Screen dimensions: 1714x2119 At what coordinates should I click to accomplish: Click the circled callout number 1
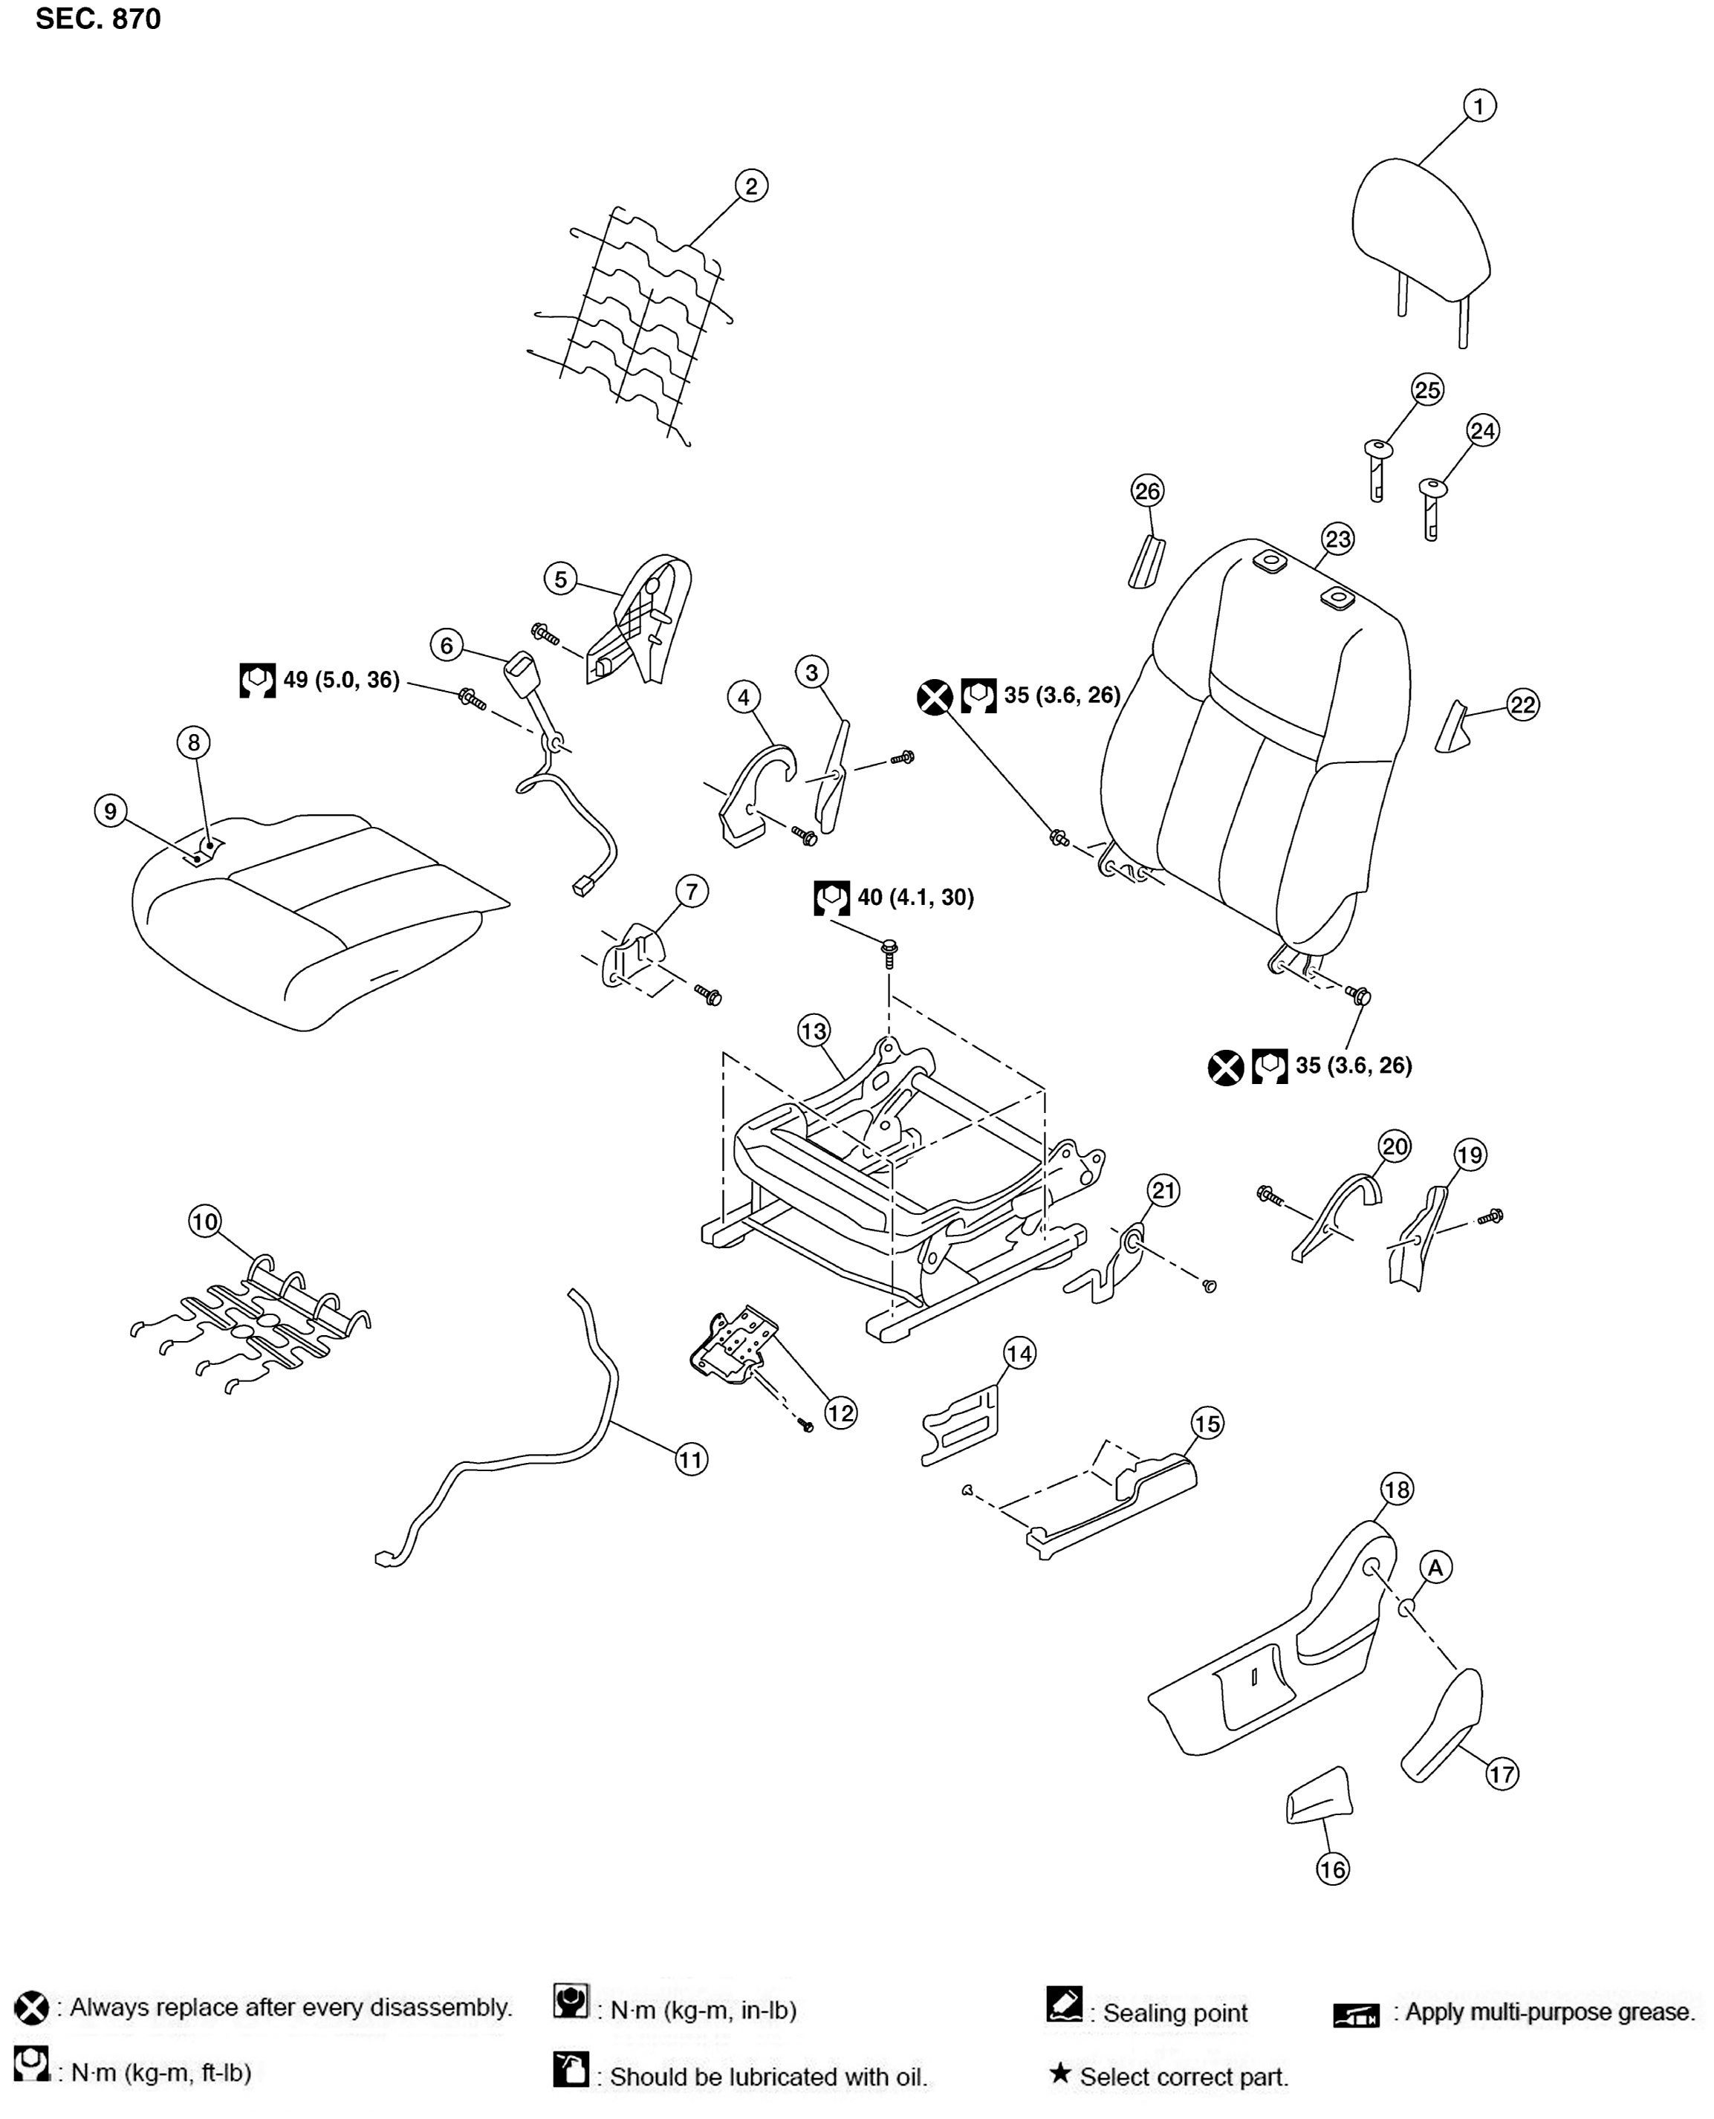coord(1478,106)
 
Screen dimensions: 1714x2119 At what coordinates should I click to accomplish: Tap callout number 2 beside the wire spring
coord(750,186)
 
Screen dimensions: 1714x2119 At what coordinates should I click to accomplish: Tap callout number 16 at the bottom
coord(1333,1869)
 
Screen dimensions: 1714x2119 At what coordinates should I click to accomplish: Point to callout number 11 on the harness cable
coord(691,1459)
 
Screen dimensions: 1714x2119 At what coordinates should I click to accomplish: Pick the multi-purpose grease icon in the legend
coord(1356,2014)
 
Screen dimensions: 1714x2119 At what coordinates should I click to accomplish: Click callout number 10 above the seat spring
coord(204,1222)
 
